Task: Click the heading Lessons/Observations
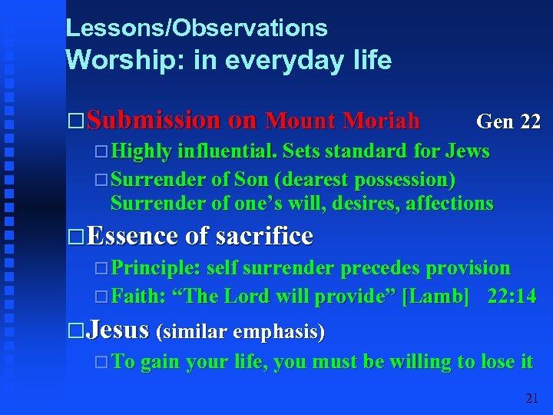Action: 197,28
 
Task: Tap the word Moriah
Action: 382,121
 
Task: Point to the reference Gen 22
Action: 508,121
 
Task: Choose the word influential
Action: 227,151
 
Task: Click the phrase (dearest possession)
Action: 369,180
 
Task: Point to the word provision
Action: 468,268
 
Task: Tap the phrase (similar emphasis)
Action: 240,332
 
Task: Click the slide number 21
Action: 531,398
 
